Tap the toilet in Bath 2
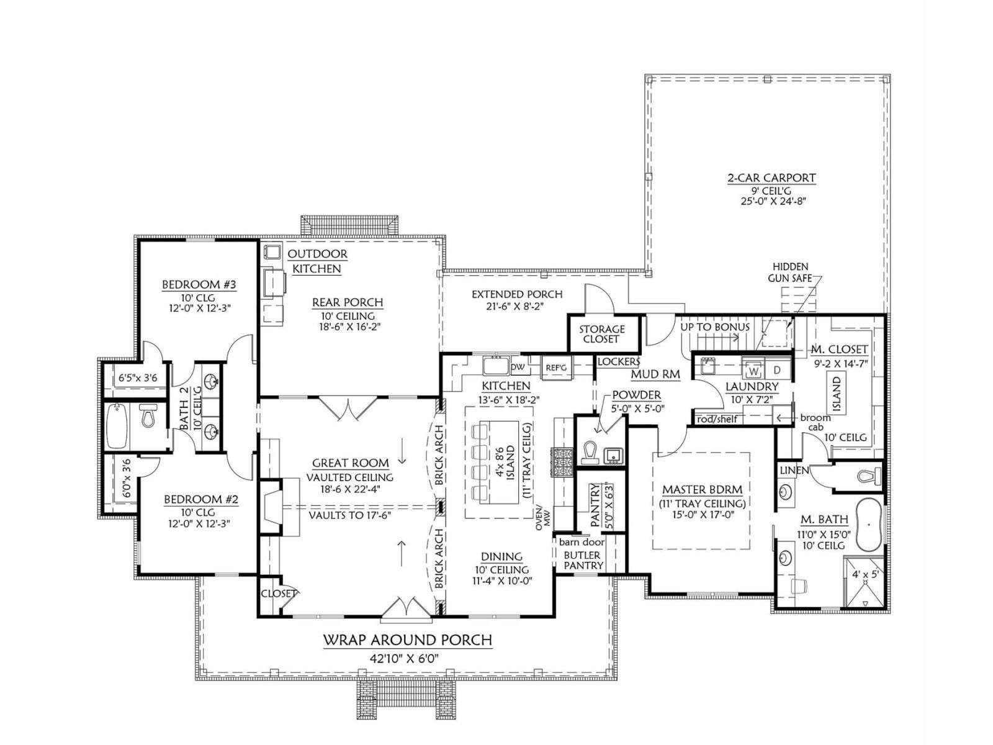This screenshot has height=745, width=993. [148, 416]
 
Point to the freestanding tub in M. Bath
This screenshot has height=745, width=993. [868, 525]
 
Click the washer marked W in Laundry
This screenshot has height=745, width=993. [753, 371]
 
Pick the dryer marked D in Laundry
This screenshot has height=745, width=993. [777, 370]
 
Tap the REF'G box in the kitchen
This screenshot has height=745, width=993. [555, 368]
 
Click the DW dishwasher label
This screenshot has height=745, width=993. [518, 368]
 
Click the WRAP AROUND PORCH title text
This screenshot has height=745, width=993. [408, 640]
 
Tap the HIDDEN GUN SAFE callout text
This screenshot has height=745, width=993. [790, 273]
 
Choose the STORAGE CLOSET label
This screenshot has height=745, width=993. [601, 334]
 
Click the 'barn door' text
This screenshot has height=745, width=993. [582, 542]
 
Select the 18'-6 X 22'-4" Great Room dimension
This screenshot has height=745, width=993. [349, 489]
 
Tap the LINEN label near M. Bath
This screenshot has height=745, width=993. [794, 471]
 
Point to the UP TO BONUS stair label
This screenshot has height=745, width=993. [715, 327]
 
